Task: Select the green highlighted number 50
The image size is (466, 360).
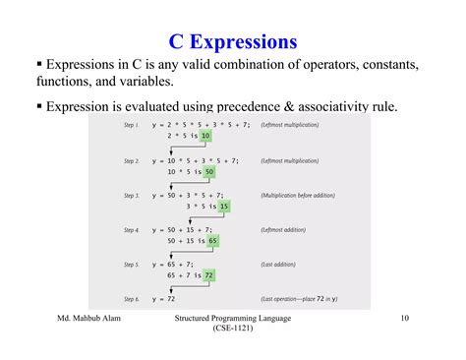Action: [x=208, y=171]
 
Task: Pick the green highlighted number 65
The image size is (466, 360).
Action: [x=212, y=241]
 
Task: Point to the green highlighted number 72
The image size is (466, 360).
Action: [x=209, y=276]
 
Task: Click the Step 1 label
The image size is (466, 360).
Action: [x=132, y=125]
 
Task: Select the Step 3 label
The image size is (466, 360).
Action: [x=132, y=196]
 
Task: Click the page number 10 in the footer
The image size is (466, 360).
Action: [x=405, y=320]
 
